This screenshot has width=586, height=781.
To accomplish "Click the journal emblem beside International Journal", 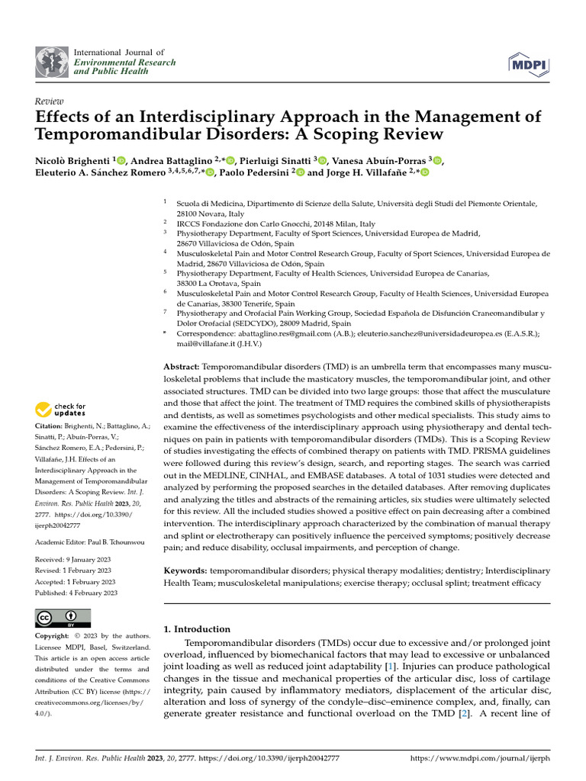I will pyautogui.click(x=51, y=62).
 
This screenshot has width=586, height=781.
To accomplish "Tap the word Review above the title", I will pyautogui.click(x=50, y=101).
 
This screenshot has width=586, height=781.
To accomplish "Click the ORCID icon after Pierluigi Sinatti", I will pyautogui.click(x=323, y=160).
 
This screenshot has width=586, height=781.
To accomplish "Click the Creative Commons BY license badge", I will pyautogui.click(x=63, y=618).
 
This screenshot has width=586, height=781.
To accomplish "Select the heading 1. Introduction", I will pyautogui.click(x=198, y=629).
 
